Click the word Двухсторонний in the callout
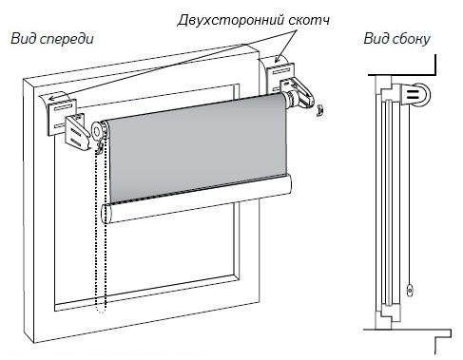click(231, 21)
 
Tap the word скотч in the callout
click(309, 21)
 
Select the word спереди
click(68, 40)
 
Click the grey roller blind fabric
click(197, 148)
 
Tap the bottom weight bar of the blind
click(197, 199)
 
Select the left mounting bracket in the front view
click(77, 132)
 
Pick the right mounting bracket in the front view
click(299, 91)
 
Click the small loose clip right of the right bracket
click(320, 111)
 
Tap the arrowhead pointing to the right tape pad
click(278, 58)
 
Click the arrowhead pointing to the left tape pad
click(51, 98)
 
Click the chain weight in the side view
click(410, 290)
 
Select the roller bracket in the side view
click(415, 94)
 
